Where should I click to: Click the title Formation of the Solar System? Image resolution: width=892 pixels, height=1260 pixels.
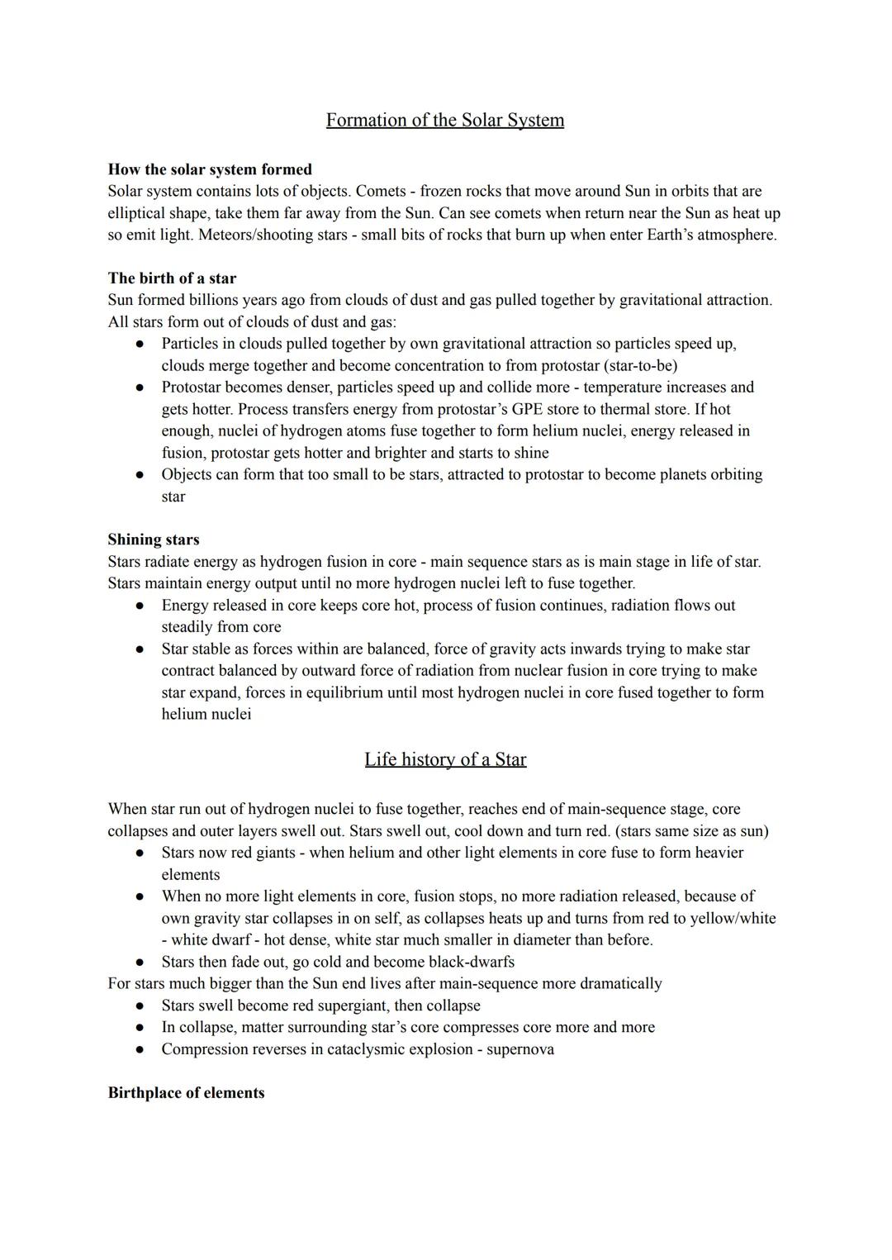[x=445, y=121]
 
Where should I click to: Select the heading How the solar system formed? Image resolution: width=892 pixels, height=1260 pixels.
[x=210, y=169]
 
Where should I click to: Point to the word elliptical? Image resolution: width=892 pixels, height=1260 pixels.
[x=137, y=213]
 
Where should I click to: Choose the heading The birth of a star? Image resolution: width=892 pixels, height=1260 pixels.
[x=172, y=278]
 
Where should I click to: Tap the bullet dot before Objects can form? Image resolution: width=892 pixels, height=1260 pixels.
[x=141, y=475]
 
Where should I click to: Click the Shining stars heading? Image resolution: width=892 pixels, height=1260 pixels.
[x=154, y=540]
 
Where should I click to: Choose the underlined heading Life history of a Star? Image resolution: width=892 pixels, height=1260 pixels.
[x=445, y=760]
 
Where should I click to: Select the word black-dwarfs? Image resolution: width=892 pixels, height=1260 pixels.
[x=467, y=962]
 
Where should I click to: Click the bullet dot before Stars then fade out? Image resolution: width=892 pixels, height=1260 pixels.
[x=141, y=963]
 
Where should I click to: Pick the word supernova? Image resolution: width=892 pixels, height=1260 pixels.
[x=520, y=1049]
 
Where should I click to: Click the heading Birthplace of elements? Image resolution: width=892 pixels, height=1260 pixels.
[x=186, y=1093]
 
